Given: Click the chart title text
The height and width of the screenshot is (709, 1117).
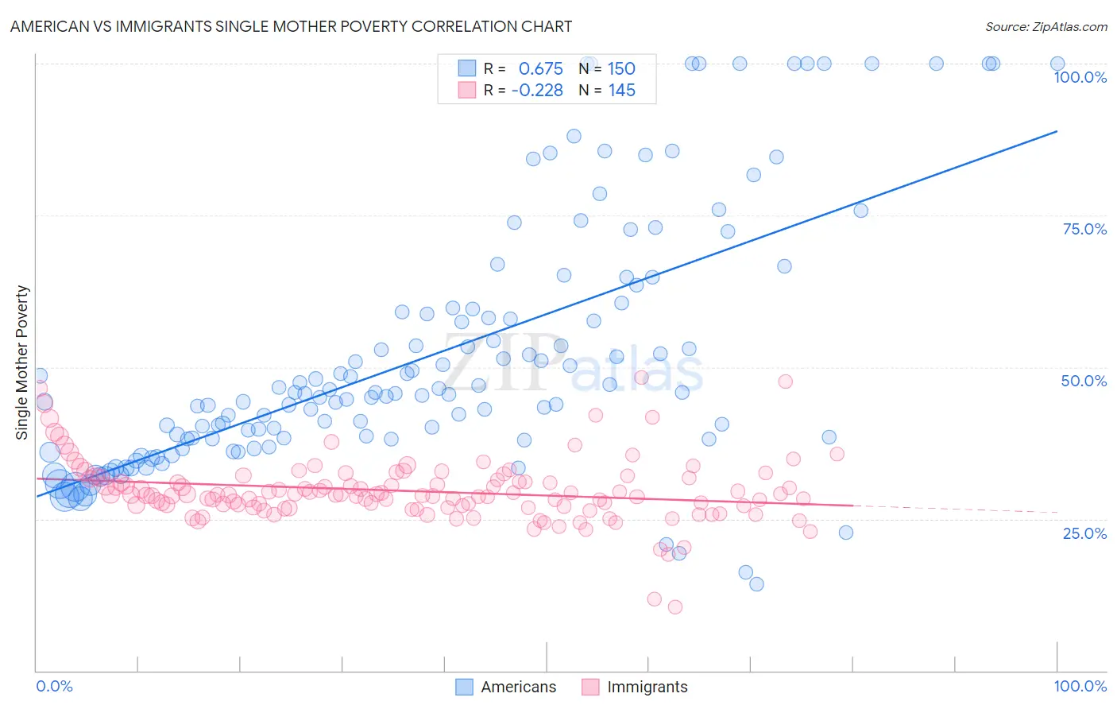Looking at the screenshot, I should (x=291, y=26).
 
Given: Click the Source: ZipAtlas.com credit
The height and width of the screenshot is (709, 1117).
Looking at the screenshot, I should (x=1045, y=26).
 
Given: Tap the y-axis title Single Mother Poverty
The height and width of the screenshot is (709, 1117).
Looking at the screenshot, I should (x=22, y=362).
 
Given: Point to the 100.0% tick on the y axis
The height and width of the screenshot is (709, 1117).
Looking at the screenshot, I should (x=1080, y=77).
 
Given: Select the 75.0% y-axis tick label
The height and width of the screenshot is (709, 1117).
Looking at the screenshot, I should (x=1084, y=229).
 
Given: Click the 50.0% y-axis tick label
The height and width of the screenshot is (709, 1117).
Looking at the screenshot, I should (x=1084, y=381).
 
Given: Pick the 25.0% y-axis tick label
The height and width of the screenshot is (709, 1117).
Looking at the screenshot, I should (x=1084, y=533).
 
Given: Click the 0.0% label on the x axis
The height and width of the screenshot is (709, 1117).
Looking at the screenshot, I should (x=54, y=686).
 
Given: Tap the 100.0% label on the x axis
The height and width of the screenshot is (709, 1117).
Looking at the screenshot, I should (x=1080, y=686).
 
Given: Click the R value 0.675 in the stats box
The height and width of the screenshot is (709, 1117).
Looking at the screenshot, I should (x=540, y=68).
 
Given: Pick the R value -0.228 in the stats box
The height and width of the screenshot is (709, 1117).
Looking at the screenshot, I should (x=537, y=91).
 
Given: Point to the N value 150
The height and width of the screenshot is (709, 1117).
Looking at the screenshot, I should (x=621, y=68).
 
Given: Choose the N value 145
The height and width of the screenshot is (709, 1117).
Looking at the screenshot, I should (x=621, y=91).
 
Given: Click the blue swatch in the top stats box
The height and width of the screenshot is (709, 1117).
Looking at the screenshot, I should (x=466, y=68).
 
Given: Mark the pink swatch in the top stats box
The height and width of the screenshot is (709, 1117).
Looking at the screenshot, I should (x=466, y=91).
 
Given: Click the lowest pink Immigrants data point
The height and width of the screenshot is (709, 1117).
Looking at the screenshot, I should (x=675, y=607).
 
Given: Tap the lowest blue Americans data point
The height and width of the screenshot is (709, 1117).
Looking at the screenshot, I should (x=756, y=584).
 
